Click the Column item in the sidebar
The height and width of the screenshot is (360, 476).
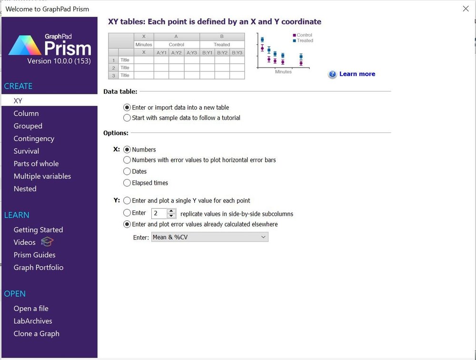point(26,113)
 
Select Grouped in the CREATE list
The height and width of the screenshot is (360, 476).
point(28,126)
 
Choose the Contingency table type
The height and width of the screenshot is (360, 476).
point(34,139)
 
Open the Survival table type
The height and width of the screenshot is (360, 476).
point(26,151)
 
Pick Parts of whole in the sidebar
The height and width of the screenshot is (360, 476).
point(36,164)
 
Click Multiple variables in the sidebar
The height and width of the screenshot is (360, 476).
point(42,176)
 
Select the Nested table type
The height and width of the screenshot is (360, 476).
point(25,189)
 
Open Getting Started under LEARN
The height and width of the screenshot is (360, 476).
point(38,230)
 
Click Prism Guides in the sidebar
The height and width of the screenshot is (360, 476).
point(34,255)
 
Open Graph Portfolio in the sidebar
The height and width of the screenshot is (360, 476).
point(38,268)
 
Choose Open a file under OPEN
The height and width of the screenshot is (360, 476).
point(31,309)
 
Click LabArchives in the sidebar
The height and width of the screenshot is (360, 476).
point(33,321)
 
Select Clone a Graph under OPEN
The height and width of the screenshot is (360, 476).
point(36,334)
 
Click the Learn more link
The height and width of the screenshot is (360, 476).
point(357,74)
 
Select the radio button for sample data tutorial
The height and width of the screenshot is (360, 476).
point(127,118)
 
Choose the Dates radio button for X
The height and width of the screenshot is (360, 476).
point(127,171)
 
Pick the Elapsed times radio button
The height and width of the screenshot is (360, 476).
point(127,183)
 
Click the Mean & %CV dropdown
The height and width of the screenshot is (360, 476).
point(209,237)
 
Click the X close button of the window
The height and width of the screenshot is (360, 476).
point(466,9)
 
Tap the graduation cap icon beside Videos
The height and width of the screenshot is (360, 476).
point(47,242)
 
